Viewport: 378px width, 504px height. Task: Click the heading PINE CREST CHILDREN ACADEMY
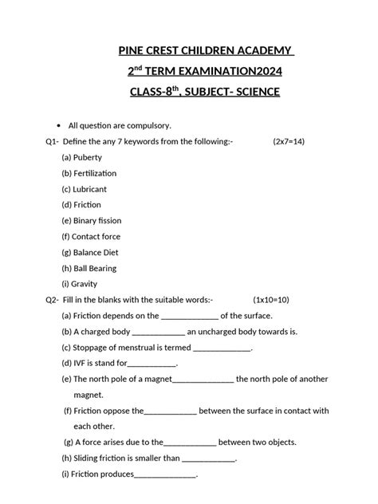(x=206, y=52)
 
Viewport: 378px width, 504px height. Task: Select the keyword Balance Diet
(x=99, y=252)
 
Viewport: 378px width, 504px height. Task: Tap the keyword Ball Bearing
(x=97, y=268)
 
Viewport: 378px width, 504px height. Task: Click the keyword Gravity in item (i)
(x=85, y=284)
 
